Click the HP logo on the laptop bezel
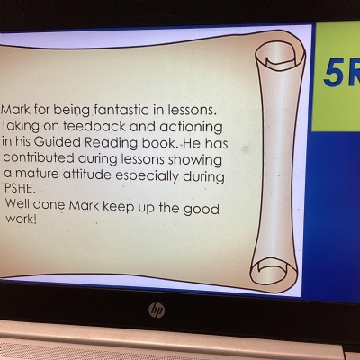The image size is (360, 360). (157, 310)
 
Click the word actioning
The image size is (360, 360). (191, 128)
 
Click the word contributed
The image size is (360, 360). (39, 157)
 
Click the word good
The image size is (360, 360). (202, 210)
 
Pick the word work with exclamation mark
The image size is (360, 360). (22, 220)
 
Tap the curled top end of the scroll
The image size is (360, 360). (280, 56)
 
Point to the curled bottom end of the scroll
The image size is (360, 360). (274, 272)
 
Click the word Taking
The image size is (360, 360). (20, 126)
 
